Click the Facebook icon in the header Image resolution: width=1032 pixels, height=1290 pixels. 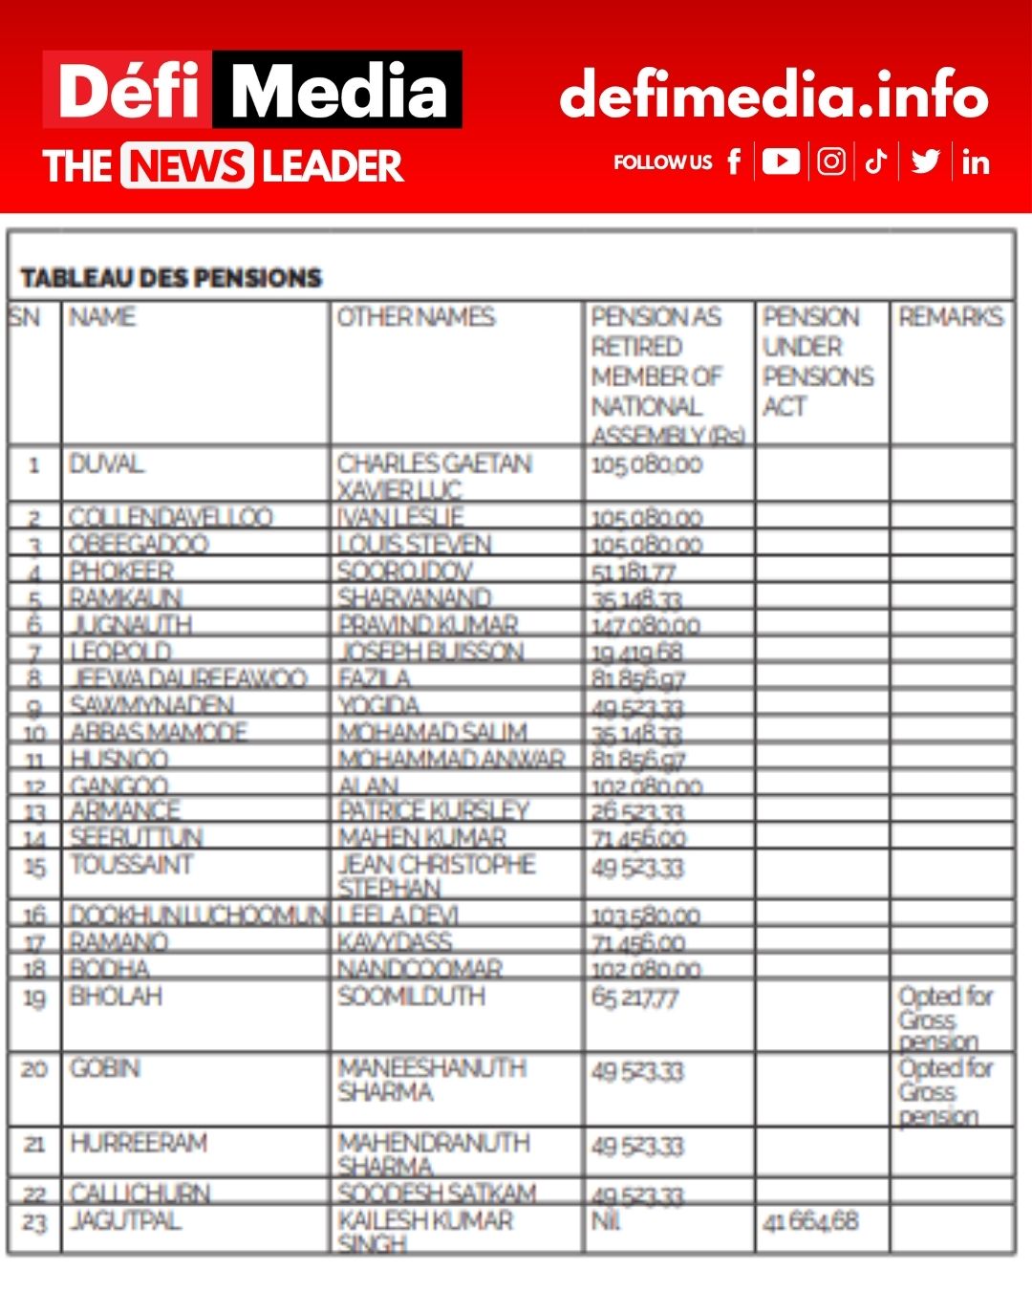(734, 161)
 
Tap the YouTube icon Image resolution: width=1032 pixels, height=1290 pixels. (781, 161)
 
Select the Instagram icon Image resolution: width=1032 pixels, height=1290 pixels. (831, 161)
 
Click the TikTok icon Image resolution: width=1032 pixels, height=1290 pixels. (876, 161)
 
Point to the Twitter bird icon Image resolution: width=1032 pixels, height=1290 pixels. (925, 161)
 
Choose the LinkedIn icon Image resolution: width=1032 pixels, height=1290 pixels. (975, 162)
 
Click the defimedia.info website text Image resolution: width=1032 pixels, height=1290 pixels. (773, 94)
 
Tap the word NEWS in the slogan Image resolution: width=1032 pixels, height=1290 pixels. (186, 165)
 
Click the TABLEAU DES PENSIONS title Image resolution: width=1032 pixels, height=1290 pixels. (171, 278)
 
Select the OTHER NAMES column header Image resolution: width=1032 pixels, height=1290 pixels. (416, 317)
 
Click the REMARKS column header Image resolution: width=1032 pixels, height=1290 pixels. (951, 317)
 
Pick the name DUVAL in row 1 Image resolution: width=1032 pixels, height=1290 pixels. (106, 464)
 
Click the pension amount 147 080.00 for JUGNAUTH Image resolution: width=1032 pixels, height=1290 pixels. (646, 627)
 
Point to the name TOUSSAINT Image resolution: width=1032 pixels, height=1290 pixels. (132, 865)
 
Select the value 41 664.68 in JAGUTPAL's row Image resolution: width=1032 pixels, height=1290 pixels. (810, 1221)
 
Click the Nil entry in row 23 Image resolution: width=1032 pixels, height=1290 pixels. (606, 1221)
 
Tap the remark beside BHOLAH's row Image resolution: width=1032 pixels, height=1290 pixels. (944, 1019)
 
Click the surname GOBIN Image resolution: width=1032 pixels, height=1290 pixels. (105, 1068)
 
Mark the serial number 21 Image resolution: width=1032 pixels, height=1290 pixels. (34, 1144)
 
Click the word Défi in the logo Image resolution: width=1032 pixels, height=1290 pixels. (128, 90)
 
